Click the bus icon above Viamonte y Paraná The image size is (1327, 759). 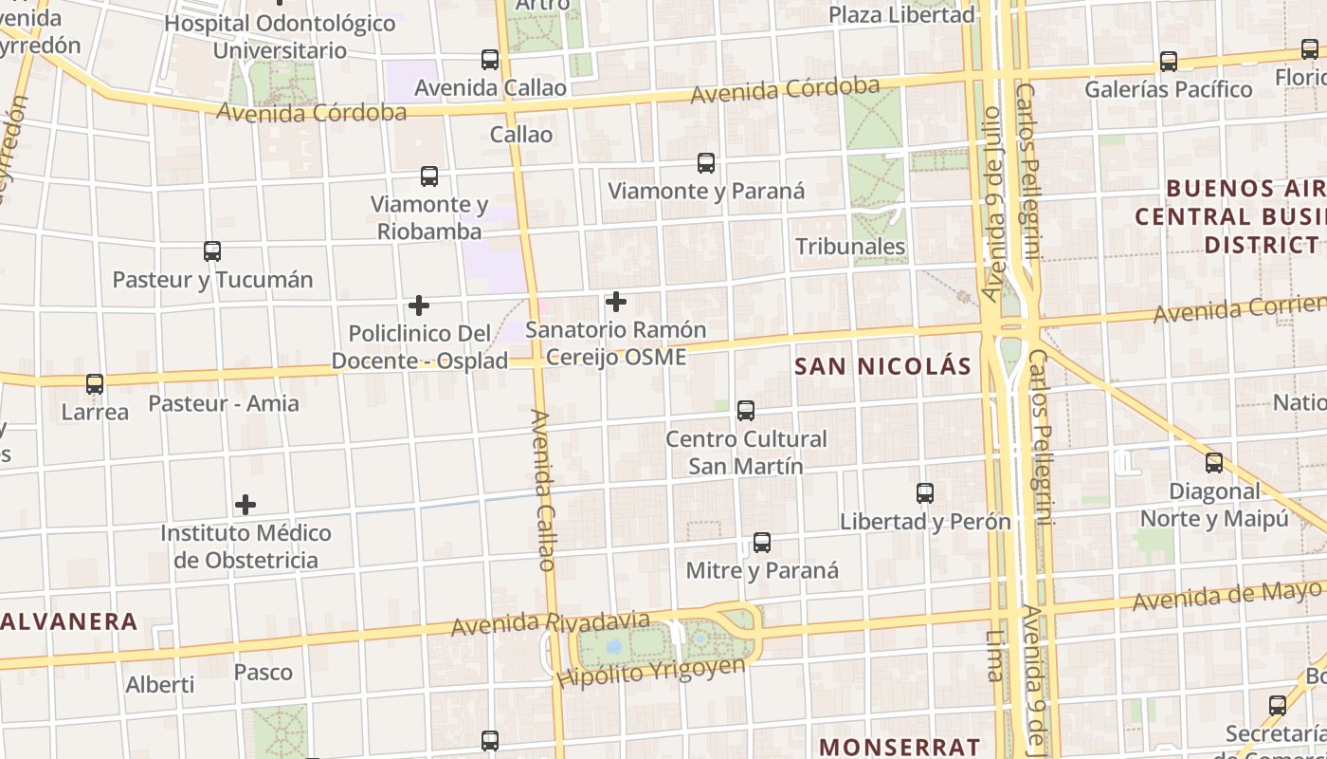point(706,163)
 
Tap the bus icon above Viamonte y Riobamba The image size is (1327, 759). point(429,176)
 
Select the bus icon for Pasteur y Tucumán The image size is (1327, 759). point(212,251)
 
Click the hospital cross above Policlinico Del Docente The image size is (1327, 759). point(419,305)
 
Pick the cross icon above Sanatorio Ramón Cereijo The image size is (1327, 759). point(616,303)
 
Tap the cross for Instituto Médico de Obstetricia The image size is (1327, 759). point(245,505)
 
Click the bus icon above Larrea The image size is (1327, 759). point(95,384)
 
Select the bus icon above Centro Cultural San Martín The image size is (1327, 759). point(746,411)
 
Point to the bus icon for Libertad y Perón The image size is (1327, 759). point(925,493)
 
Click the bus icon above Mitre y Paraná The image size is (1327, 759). point(762,543)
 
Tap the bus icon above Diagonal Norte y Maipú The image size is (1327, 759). point(1214,463)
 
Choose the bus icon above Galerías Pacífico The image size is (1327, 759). point(1169,62)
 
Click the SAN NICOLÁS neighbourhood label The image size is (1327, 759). point(882,366)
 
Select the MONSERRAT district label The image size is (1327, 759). point(900,747)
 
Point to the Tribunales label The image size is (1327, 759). point(850,247)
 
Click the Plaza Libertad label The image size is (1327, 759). point(901,15)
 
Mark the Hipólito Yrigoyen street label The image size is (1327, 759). point(650,672)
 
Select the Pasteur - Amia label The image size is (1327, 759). point(224,403)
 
